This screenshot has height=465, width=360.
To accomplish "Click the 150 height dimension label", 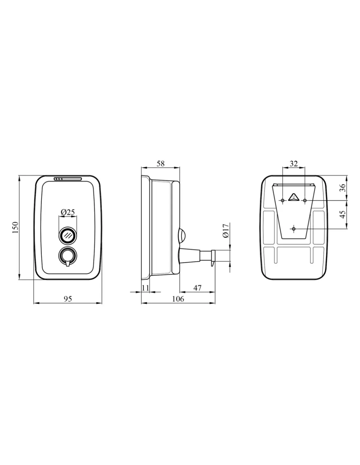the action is pos(15,228).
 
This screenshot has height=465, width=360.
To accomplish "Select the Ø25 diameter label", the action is pos(68,212).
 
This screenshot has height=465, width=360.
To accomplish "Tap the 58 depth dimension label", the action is pos(160,164).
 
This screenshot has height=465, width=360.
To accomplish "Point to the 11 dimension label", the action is pos(145,288).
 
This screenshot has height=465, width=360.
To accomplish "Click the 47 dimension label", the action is pos(197,288).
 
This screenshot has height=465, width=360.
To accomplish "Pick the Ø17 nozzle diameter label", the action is pos(226,230).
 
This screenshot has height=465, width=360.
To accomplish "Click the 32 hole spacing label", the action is pos(294,164).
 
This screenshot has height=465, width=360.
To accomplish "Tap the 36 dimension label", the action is pos(343,188).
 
